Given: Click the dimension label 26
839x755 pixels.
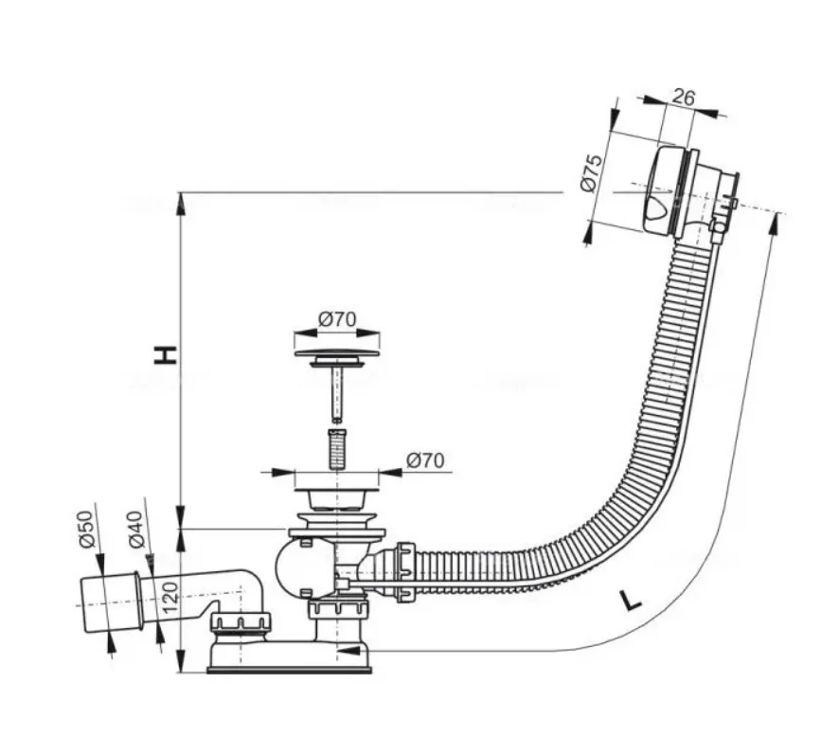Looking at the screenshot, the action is [x=683, y=97].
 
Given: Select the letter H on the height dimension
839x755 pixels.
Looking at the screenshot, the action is [x=166, y=355].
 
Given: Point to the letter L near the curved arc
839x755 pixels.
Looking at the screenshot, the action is [x=632, y=600].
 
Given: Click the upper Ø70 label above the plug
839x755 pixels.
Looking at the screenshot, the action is [x=336, y=319].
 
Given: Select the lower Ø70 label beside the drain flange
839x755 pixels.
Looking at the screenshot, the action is [x=425, y=460].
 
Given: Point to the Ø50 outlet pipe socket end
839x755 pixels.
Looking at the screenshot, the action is [x=110, y=604].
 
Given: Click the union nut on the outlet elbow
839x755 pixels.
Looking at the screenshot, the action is [x=241, y=622].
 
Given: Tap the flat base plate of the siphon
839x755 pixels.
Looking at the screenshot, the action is [x=289, y=670].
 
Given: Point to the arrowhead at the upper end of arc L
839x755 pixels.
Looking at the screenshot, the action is [x=773, y=224].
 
